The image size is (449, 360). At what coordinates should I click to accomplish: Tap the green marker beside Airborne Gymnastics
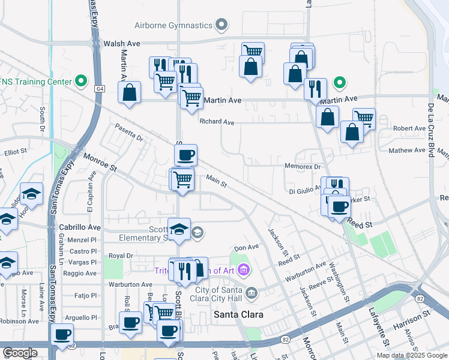pos(222,25)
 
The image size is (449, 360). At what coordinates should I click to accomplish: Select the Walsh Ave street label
pos(121,44)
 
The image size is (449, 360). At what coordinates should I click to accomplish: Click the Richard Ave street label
pos(217,122)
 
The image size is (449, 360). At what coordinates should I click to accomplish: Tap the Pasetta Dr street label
pos(130,134)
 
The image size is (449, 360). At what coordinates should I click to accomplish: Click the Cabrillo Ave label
pos(80,228)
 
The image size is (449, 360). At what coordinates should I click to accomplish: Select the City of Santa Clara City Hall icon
pos(252,293)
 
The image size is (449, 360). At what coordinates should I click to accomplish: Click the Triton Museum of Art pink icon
pos(243,271)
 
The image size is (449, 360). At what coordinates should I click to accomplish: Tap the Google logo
pos(20,353)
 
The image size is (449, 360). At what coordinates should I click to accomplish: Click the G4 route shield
pos(99,88)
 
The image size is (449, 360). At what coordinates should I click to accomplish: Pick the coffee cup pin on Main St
pos(185,155)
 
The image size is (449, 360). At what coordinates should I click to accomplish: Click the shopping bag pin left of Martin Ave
pos(129,93)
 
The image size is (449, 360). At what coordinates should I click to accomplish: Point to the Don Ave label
pos(246,247)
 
